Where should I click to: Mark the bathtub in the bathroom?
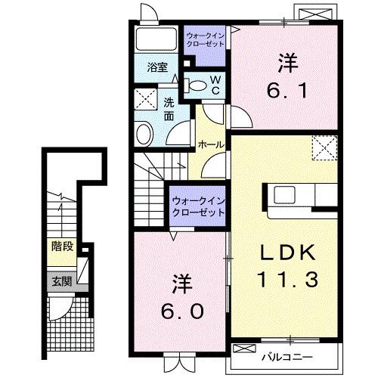click(x=155, y=40)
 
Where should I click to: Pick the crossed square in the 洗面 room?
click(x=143, y=99)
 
